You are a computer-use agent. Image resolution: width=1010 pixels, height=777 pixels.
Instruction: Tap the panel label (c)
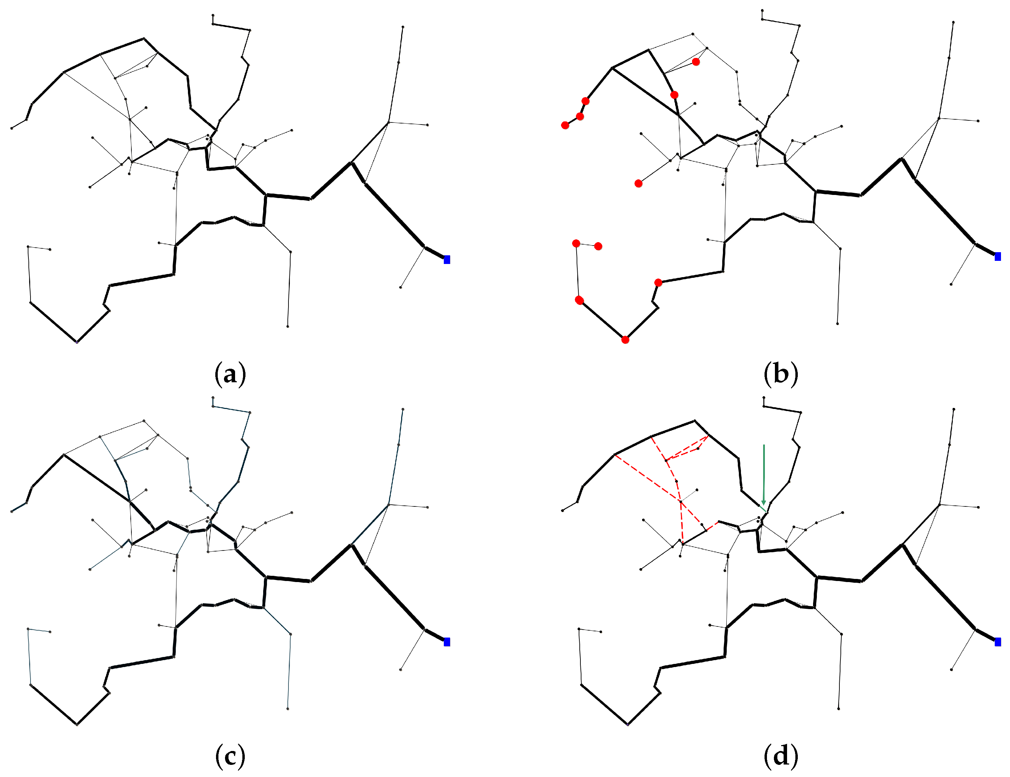tap(230, 756)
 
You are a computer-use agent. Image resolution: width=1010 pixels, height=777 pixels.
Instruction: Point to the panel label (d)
tap(781, 756)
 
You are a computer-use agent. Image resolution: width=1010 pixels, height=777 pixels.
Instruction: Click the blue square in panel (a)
tap(447, 259)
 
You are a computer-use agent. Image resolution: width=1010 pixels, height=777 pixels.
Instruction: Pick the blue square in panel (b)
tap(998, 256)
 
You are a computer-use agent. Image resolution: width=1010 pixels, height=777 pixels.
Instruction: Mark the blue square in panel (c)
tap(447, 642)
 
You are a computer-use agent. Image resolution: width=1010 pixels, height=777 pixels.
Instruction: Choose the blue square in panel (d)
tap(998, 642)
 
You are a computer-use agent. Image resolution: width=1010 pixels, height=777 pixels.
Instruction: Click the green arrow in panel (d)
tap(763, 475)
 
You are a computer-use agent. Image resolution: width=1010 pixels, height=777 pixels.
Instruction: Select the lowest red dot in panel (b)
tap(625, 340)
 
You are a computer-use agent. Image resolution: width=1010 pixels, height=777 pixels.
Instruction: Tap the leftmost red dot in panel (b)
tap(565, 125)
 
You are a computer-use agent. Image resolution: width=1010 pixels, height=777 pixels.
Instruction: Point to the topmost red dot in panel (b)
tap(696, 61)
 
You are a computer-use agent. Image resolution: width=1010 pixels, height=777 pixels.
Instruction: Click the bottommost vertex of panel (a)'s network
tap(77, 342)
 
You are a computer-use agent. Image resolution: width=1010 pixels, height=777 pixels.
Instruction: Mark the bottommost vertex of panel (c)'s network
tap(77, 724)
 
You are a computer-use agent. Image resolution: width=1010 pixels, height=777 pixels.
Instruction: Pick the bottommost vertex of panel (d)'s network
tap(628, 724)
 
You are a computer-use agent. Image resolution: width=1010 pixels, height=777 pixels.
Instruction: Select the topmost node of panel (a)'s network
tap(213, 15)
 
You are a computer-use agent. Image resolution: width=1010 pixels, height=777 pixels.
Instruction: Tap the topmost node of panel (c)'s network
tap(213, 398)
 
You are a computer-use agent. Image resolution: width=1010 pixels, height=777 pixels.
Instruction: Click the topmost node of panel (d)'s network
tap(763, 398)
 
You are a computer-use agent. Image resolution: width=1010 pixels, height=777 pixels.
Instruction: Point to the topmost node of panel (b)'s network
tap(762, 10)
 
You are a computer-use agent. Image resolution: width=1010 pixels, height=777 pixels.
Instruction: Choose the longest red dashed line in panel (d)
tap(647, 479)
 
